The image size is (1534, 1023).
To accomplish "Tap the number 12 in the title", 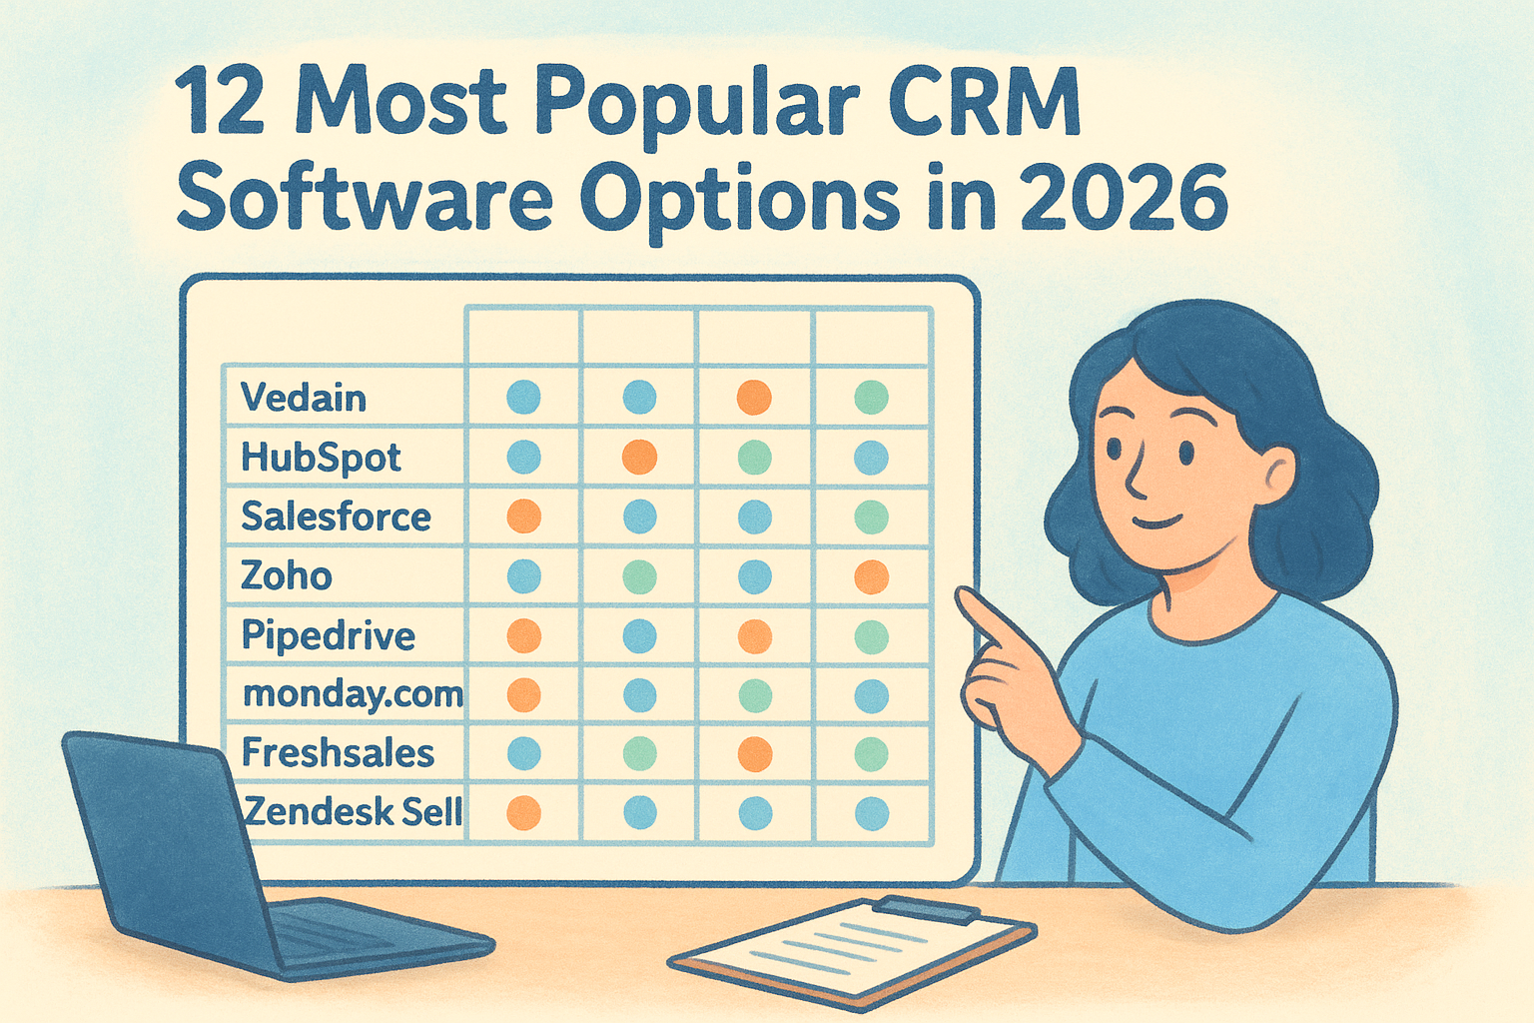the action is tap(220, 103).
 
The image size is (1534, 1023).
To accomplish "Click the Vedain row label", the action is tap(304, 398).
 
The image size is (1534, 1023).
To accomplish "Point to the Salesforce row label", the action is tap(336, 516).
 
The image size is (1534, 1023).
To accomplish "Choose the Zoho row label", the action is tap(287, 576).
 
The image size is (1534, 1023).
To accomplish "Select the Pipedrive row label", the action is tap(328, 636).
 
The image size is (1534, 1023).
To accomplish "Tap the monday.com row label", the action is tap(354, 695).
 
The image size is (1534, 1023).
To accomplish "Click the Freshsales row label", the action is tap(338, 753).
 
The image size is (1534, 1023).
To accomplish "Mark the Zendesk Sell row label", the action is tap(353, 812).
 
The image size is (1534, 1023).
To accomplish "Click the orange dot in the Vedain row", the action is tap(755, 398).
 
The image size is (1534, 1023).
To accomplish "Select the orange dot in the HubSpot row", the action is tap(639, 457).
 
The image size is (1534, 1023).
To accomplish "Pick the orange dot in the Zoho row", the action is tap(872, 577).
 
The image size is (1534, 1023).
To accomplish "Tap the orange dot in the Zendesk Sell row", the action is tap(524, 813).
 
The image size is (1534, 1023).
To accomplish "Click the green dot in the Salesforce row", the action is tap(872, 517).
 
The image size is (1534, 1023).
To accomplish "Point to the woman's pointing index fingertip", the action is tap(963, 597).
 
